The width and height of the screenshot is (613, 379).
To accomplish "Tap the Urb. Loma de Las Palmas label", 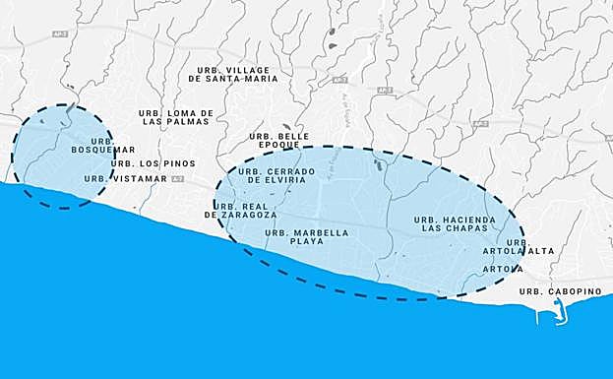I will pos(176,117).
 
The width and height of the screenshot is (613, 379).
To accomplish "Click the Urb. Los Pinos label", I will pos(153,163).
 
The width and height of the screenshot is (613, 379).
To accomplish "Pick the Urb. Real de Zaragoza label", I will pos(241,210).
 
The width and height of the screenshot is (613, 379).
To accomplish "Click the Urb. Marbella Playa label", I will pos(307,236).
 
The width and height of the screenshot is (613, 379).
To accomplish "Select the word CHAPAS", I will pos(468,228).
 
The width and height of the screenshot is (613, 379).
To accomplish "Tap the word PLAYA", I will pos(307,241).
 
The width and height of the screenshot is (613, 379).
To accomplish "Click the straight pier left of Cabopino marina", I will pos(539,318).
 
